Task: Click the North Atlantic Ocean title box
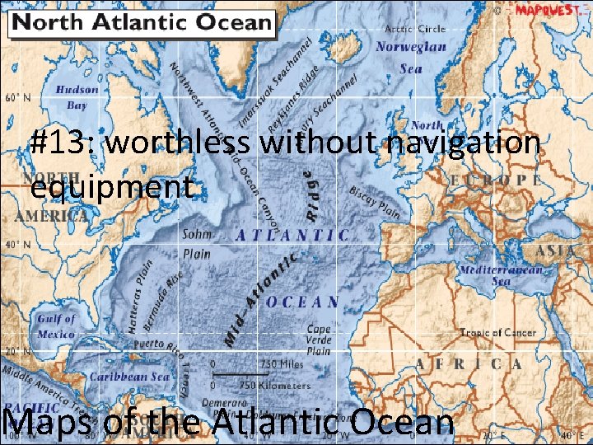click(x=141, y=22)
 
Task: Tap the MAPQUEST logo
click(x=548, y=11)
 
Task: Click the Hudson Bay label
click(x=77, y=97)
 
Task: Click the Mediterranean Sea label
click(x=501, y=275)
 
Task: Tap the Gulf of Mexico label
click(x=55, y=326)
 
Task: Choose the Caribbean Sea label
click(x=128, y=377)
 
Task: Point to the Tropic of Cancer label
click(x=497, y=333)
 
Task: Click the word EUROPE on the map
click(x=496, y=179)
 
